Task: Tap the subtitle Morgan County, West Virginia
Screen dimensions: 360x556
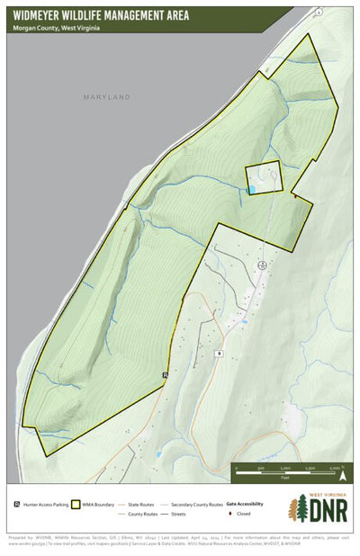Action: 55,28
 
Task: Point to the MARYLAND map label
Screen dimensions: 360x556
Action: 107,97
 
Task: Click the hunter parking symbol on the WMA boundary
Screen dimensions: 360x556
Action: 166,374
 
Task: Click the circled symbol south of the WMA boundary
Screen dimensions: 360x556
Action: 262,265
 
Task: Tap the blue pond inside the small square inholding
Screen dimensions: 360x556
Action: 253,189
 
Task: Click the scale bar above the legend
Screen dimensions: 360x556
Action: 292,468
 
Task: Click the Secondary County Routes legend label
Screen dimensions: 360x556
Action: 196,505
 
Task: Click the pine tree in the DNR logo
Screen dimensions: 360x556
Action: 296,510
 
